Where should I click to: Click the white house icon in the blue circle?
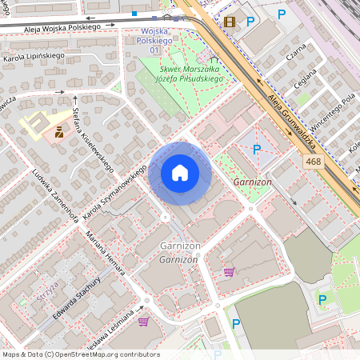coord(180,173)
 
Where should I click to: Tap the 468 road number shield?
coord(314,162)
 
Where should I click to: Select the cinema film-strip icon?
coord(230,22)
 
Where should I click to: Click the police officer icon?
coord(59,134)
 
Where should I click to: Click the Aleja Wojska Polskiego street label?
coord(50,27)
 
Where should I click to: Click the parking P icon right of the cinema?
coord(250,22)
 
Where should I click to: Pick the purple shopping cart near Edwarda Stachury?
coord(143,321)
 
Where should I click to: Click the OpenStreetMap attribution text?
coord(80,354)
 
